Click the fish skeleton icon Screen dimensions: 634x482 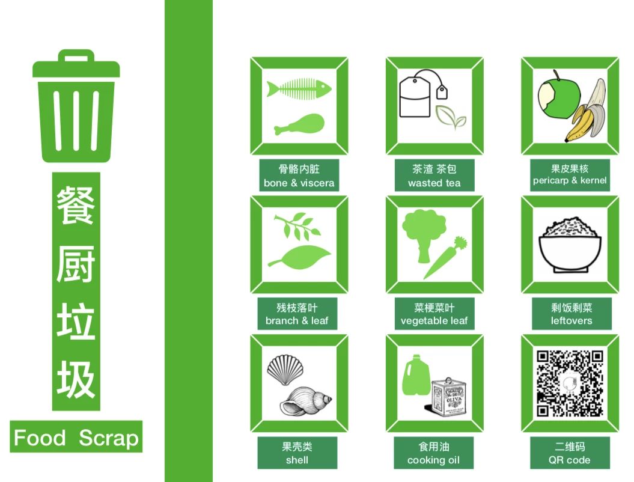(299, 89)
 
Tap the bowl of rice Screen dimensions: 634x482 (570, 244)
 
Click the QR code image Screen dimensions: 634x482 (570, 383)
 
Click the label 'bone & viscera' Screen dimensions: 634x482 (299, 183)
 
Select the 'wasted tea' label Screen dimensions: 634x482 (434, 183)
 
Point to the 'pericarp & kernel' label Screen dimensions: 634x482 (570, 180)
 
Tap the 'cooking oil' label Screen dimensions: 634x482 (433, 460)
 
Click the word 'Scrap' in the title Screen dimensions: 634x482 (108, 438)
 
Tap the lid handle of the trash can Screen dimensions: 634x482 (76, 56)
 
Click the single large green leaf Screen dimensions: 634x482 (299, 257)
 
